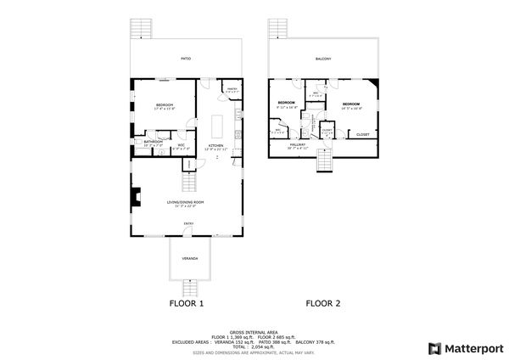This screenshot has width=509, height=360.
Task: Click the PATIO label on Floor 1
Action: [185, 59]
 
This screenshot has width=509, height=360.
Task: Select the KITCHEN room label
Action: [215, 145]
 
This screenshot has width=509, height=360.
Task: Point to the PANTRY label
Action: [231, 88]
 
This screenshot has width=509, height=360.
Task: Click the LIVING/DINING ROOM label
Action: [185, 202]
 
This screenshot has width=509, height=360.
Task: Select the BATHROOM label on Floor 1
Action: [153, 142]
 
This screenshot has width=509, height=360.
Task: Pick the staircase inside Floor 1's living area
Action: [189, 181]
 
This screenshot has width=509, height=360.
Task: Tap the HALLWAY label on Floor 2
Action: [298, 145]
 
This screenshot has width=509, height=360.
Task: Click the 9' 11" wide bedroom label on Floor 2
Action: [286, 103]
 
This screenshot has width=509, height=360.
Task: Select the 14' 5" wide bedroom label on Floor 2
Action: [351, 104]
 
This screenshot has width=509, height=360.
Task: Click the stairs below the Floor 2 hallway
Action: [324, 160]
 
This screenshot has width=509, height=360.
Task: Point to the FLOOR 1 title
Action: [186, 302]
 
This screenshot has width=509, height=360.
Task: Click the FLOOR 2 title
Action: [323, 302]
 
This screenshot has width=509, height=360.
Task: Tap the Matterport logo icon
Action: [433, 348]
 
